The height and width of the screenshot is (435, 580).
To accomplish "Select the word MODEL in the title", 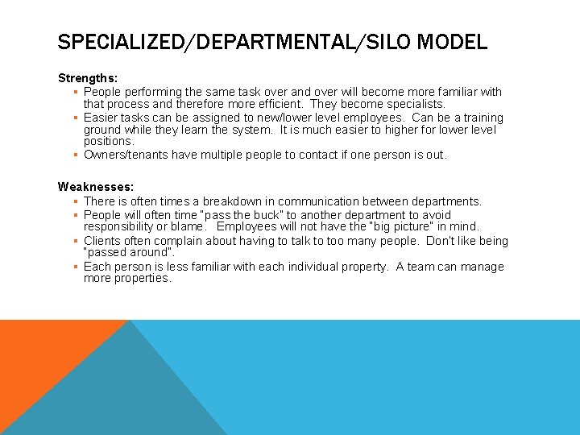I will point(457,41).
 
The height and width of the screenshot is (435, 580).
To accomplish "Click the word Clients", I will point(103,241).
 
